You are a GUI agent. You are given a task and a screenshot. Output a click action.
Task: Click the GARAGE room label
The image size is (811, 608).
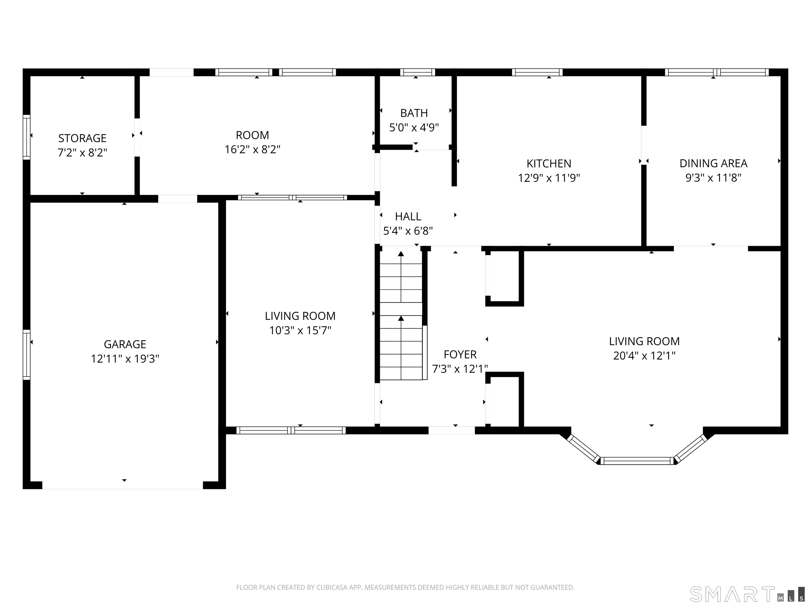pyautogui.click(x=125, y=344)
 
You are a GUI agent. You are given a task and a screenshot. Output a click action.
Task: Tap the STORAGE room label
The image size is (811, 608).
pyautogui.click(x=82, y=138)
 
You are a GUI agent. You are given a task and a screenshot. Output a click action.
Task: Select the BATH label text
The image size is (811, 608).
pyautogui.click(x=414, y=113)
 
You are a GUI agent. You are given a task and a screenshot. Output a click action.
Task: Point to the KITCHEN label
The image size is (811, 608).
pyautogui.click(x=549, y=163)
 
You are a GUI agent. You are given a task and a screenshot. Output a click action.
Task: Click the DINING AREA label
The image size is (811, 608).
pyautogui.click(x=714, y=163)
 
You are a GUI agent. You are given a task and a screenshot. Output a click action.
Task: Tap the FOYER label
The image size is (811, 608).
pyautogui.click(x=460, y=354)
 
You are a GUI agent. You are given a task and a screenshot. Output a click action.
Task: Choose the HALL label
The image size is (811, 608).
pyautogui.click(x=408, y=217)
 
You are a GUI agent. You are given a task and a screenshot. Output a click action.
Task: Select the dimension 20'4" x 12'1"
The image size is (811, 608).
pyautogui.click(x=644, y=355)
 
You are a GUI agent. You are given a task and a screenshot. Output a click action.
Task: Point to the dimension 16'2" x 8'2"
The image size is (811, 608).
pyautogui.click(x=253, y=150)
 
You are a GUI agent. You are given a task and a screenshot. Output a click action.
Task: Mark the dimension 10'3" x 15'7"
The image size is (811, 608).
pyautogui.click(x=300, y=331)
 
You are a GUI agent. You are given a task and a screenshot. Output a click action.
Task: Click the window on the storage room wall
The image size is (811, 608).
pyautogui.click(x=26, y=137)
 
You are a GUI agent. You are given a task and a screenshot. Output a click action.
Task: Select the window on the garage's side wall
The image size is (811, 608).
pyautogui.click(x=26, y=355)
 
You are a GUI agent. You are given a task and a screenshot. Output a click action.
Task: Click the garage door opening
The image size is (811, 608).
pyautogui.click(x=122, y=485)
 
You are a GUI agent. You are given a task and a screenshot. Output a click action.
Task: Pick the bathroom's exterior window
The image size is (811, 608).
pyautogui.click(x=418, y=72)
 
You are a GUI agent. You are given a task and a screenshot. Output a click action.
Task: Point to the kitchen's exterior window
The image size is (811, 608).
pyautogui.click(x=537, y=72)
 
